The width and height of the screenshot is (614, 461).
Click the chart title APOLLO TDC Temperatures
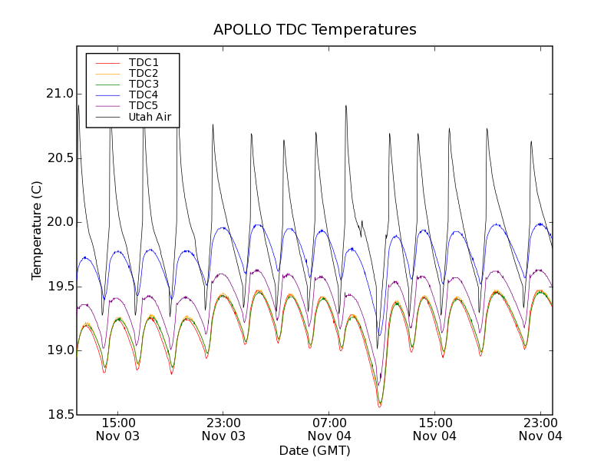coord(315,30)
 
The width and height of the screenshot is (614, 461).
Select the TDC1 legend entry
coord(144,62)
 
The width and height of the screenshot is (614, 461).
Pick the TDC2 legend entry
coord(144,73)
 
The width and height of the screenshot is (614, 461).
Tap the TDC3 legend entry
coord(144,84)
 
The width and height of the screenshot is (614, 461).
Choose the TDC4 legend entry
coord(144,95)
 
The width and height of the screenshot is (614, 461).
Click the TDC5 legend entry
coord(144,106)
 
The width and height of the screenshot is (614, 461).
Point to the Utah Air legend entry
coord(149,118)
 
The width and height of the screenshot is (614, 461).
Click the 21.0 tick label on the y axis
coord(58,94)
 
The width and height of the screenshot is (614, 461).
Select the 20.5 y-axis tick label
coord(58,158)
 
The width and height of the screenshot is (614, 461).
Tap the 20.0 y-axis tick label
coord(58,222)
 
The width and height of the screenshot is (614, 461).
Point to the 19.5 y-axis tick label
coord(58,287)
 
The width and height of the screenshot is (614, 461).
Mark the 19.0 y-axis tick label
coord(58,350)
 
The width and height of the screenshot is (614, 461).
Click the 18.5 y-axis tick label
coord(58,415)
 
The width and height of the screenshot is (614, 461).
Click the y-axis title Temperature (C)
coord(37,230)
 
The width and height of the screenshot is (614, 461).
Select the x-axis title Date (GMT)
coord(315,450)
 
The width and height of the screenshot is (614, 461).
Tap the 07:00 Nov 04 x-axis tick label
coord(329,429)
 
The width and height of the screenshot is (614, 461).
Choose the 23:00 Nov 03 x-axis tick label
coord(223,429)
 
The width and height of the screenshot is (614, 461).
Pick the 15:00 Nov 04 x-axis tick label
coord(434,429)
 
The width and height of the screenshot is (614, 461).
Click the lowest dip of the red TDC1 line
coord(379,406)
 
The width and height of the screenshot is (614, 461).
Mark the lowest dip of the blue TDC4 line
coord(379,335)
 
